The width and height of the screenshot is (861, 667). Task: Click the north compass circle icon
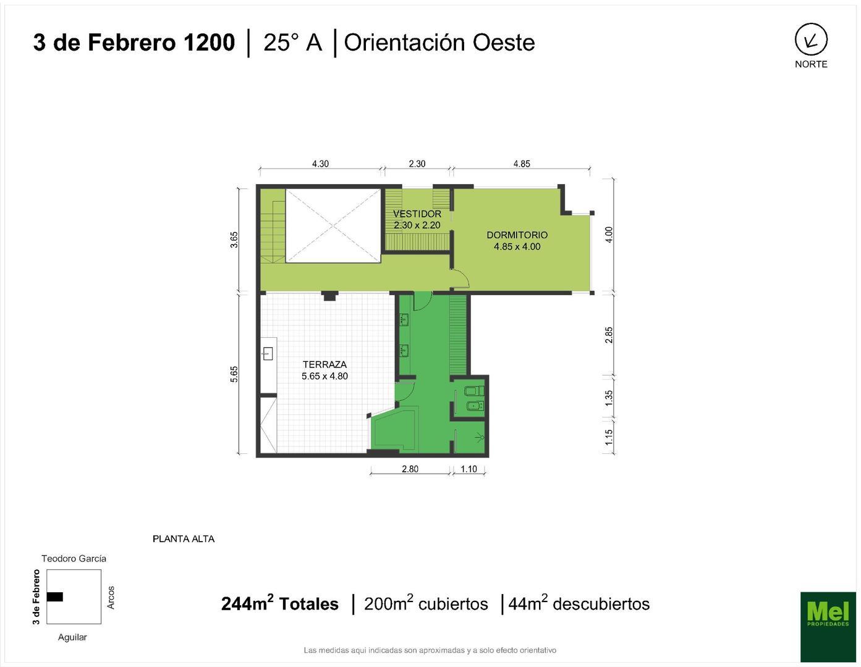click(x=810, y=40)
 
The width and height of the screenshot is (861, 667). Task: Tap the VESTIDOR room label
click(x=417, y=214)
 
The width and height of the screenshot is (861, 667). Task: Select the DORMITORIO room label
click(x=517, y=235)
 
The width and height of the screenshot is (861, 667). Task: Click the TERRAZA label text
click(x=324, y=364)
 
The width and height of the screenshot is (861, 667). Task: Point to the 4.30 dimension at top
click(x=320, y=164)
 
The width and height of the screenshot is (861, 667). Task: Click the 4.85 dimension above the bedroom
click(x=521, y=164)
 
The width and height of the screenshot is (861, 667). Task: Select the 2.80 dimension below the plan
click(x=410, y=469)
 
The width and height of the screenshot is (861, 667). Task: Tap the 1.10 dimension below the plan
click(x=469, y=469)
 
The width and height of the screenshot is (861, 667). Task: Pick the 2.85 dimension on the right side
click(x=609, y=335)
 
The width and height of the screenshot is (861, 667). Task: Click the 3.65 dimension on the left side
click(x=234, y=240)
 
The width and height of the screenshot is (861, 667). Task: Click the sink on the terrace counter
click(x=268, y=354)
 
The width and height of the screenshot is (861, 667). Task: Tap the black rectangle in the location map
click(x=55, y=597)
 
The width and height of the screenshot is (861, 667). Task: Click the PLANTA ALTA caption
click(x=184, y=539)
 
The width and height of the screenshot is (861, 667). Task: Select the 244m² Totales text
click(x=279, y=603)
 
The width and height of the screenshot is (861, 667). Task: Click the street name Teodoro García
click(x=74, y=558)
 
